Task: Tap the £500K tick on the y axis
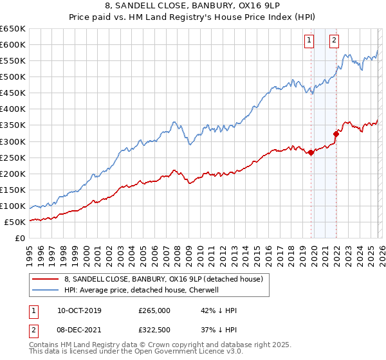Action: point(13,76)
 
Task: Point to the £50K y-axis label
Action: point(15,222)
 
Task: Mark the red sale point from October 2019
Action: point(311,152)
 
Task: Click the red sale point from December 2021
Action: point(336,134)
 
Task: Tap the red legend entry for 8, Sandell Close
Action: point(163,280)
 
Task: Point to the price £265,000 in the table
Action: point(154,310)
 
